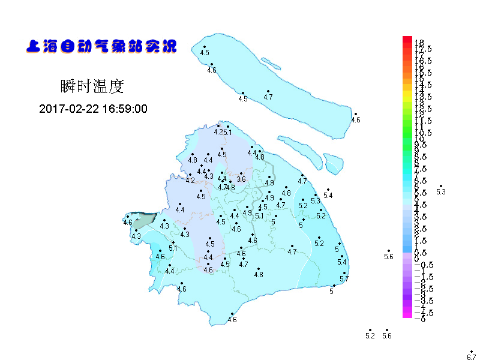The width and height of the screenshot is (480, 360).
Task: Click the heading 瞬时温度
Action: [92, 86]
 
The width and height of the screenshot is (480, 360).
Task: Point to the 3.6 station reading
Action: [241, 179]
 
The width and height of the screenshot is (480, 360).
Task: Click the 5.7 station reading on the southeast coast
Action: [344, 279]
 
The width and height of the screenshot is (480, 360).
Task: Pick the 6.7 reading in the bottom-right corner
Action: [471, 357]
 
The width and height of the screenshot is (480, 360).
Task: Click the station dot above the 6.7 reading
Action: [472, 351]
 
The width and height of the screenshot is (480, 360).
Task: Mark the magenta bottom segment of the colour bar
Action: [407, 314]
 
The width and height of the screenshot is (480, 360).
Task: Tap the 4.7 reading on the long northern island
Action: [268, 97]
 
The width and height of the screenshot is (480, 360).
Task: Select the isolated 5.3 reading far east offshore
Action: [441, 192]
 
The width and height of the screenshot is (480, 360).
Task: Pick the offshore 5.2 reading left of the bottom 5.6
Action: [370, 335]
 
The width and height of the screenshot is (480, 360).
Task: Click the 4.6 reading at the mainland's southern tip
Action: [232, 320]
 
